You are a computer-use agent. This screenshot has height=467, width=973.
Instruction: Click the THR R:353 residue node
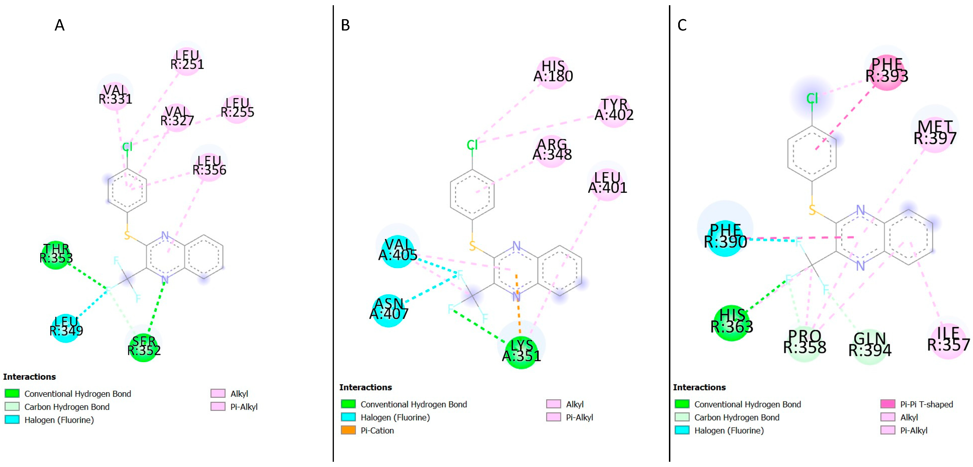tap(56, 255)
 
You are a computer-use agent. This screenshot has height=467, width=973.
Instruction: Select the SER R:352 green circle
tap(144, 347)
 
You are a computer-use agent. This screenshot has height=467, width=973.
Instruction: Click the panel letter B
tap(345, 25)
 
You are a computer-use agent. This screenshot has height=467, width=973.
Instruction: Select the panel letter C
tap(682, 25)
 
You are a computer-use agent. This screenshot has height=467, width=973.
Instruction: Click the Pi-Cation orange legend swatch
tap(348, 430)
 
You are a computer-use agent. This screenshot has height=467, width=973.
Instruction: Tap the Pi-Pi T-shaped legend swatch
tap(888, 404)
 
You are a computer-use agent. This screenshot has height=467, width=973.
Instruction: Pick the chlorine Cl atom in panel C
tap(812, 99)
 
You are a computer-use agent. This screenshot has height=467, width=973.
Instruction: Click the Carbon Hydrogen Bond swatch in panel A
tap(12, 407)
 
